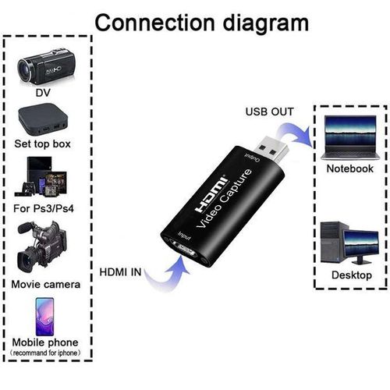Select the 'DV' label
(x=44, y=94)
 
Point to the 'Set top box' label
(x=44, y=145)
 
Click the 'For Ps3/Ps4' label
(x=44, y=209)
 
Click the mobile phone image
(x=44, y=315)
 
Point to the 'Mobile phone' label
(x=44, y=343)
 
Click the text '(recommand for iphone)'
(x=44, y=355)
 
